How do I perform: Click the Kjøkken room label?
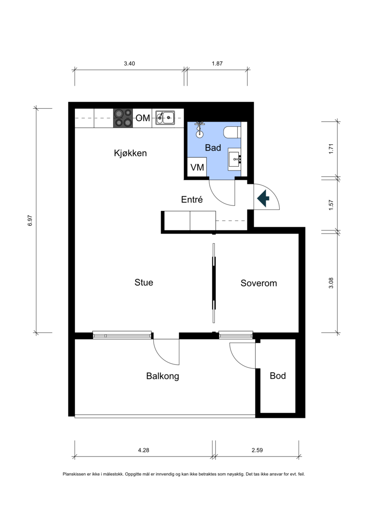click(130, 153)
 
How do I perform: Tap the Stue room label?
click(144, 282)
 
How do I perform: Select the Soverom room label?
click(259, 283)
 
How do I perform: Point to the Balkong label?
click(162, 376)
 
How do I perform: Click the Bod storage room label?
click(278, 376)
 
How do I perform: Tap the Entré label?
click(192, 199)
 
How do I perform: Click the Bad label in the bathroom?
click(213, 147)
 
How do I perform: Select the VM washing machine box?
click(197, 167)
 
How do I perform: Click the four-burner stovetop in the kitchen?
click(123, 118)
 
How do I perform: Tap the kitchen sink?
click(165, 117)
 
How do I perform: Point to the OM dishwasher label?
click(143, 118)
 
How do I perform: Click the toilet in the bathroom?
click(232, 132)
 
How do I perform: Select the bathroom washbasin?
click(235, 159)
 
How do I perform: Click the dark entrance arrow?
click(264, 199)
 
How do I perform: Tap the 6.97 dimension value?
click(30, 221)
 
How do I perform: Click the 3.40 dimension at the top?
click(129, 64)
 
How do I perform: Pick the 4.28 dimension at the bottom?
click(144, 450)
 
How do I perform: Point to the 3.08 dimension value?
click(331, 283)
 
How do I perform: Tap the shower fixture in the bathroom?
click(199, 129)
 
